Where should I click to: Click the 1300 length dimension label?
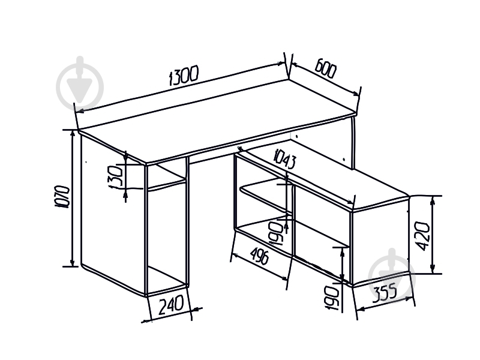(184, 75)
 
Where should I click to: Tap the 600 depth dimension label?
(325, 69)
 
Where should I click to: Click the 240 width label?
(171, 305)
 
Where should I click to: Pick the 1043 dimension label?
(286, 158)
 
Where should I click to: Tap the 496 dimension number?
(260, 257)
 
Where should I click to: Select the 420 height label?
(424, 236)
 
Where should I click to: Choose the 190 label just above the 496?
(276, 233)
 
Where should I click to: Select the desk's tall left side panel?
(113, 214)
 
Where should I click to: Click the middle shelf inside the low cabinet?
(266, 196)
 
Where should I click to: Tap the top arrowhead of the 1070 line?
(73, 133)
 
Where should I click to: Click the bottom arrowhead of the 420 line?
(433, 269)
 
